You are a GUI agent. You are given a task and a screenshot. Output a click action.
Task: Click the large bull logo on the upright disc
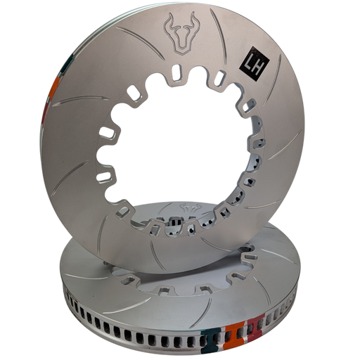click(x=181, y=33)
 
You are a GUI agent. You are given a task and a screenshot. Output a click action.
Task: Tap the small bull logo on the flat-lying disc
click(x=191, y=207)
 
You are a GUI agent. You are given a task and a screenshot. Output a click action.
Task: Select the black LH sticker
click(x=255, y=63)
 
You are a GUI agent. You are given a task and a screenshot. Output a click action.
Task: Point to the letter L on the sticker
click(x=249, y=66)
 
